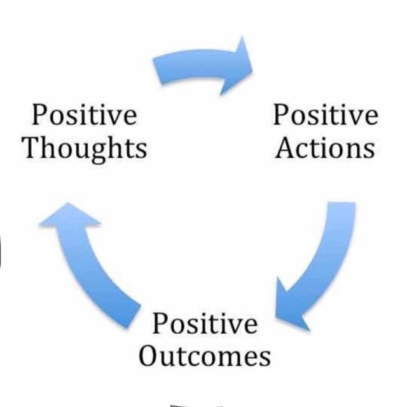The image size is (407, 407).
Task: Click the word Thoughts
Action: [85, 149]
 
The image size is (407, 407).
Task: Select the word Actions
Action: [325, 148]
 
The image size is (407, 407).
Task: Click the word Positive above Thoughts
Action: [84, 114]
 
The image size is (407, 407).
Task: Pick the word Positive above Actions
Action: [326, 114]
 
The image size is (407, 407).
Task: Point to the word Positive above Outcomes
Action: [205, 323]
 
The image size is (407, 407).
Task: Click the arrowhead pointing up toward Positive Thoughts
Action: [69, 215]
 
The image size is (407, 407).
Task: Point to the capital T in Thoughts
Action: [32, 147]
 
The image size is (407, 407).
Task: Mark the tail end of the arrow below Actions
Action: [342, 203]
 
